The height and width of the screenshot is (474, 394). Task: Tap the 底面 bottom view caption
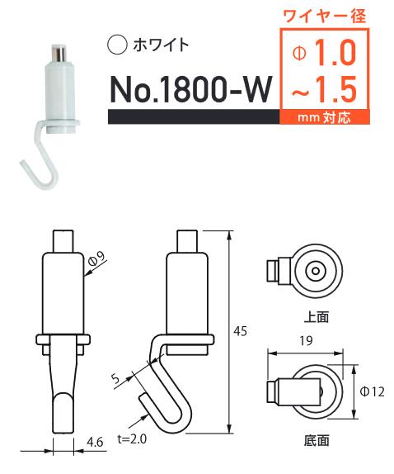point(315,440)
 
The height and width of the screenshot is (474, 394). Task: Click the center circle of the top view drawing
point(315,272)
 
